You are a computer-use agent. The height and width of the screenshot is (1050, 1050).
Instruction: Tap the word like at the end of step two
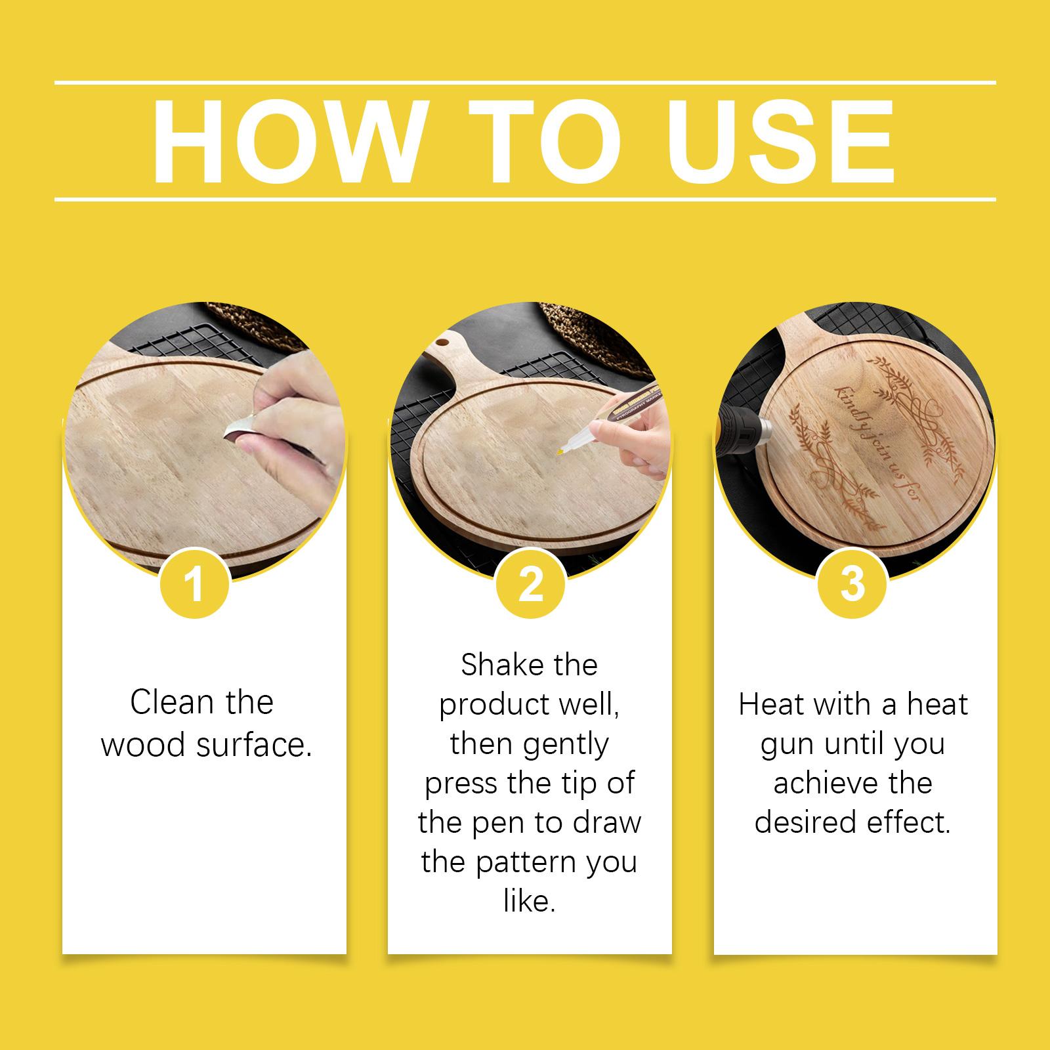[x=530, y=901]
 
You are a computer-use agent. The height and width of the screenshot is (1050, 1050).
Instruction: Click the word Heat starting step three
[x=771, y=704]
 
